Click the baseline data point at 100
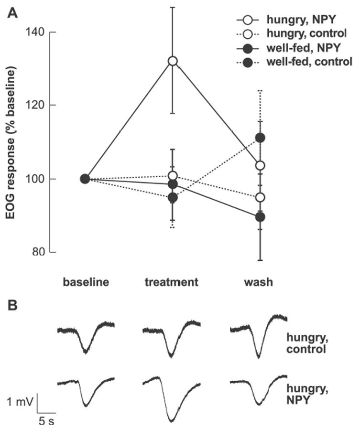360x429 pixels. (85, 179)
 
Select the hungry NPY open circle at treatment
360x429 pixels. (173, 61)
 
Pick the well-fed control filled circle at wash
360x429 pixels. (260, 138)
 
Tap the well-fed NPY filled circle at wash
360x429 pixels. (260, 217)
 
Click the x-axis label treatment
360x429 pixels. (171, 282)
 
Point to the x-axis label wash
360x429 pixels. (260, 282)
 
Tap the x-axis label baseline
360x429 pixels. (86, 282)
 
